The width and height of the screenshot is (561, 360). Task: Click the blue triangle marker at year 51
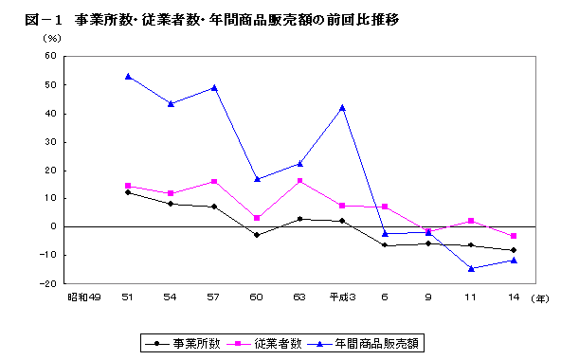point(128,76)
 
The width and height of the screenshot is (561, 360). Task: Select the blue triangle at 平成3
point(342,107)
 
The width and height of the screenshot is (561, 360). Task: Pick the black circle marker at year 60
point(257,235)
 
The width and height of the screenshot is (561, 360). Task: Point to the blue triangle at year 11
point(471,268)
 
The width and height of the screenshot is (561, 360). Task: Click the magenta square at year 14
point(514,236)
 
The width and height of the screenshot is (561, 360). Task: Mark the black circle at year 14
point(514,250)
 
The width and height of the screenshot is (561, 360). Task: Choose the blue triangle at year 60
point(257,179)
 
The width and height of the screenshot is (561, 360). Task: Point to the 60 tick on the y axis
point(52,56)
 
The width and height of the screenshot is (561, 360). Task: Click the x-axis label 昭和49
point(83,297)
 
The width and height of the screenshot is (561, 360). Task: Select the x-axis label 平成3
point(341,297)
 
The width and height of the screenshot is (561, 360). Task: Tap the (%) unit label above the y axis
point(52,38)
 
